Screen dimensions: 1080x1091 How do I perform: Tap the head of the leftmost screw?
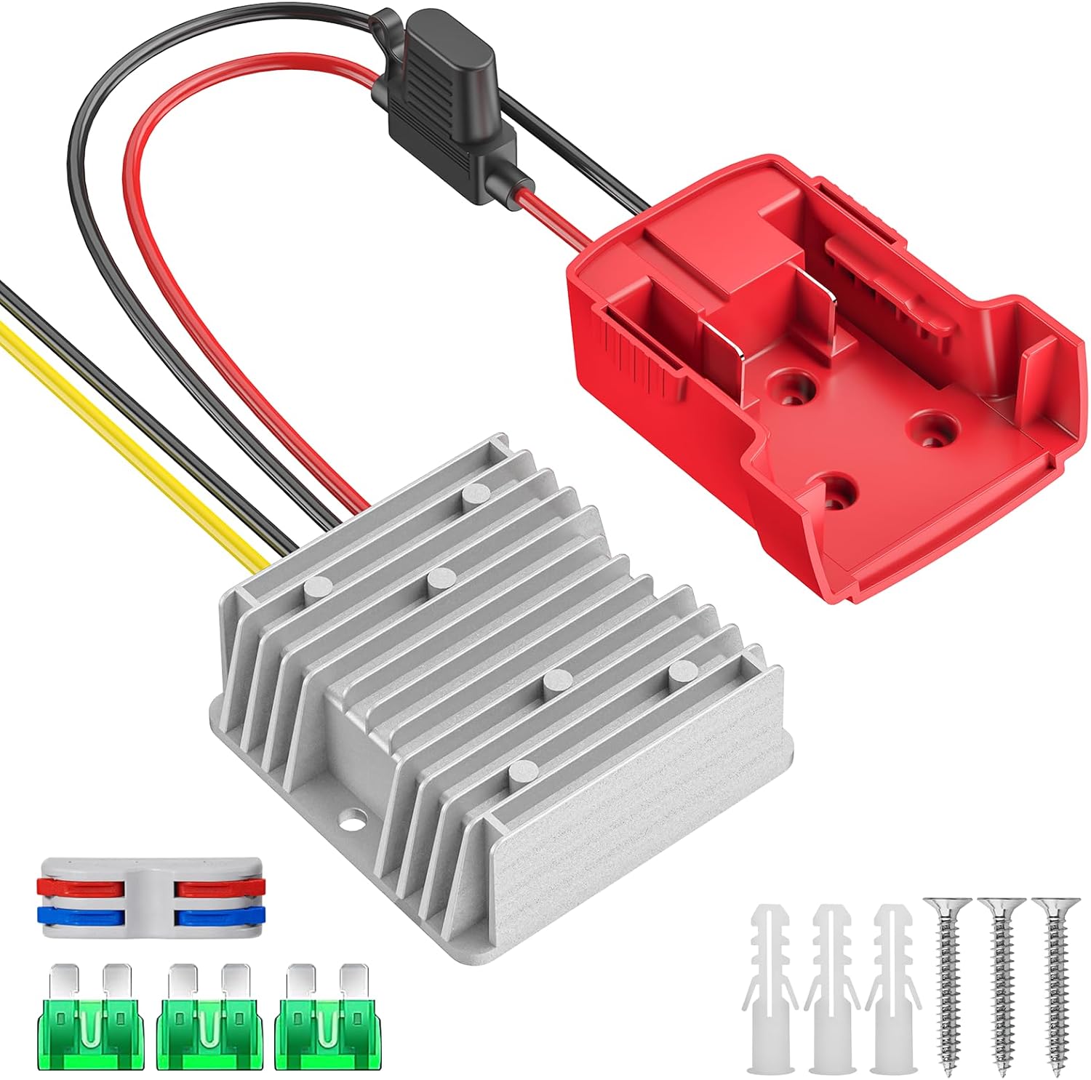point(945,905)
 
